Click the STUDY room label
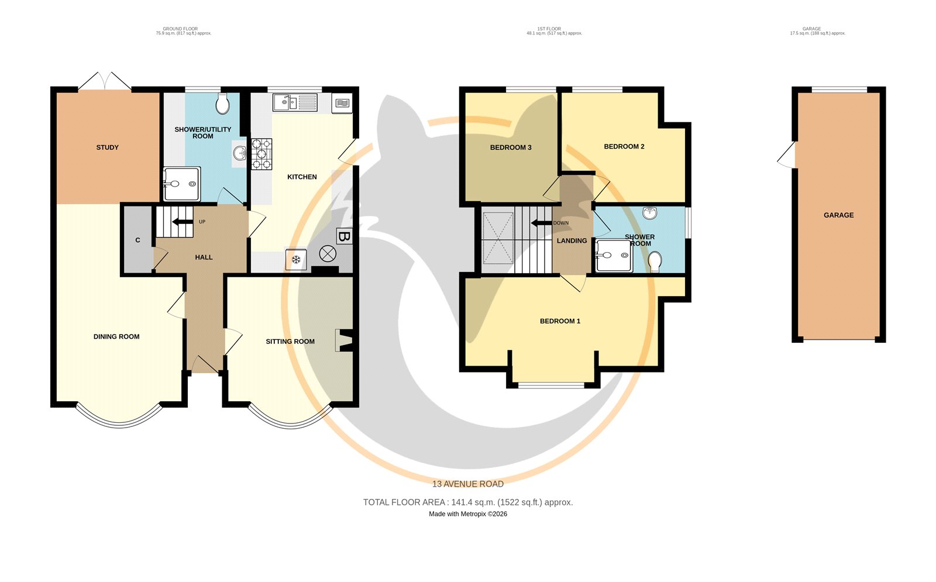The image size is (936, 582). pyautogui.click(x=108, y=147)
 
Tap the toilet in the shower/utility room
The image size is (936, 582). pyautogui.click(x=223, y=103)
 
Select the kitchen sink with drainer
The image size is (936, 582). pyautogui.click(x=295, y=102)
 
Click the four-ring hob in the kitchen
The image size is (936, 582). pyautogui.click(x=261, y=154)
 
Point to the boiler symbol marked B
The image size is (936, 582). pyautogui.click(x=344, y=236)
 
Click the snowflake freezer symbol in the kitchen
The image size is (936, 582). pyautogui.click(x=296, y=260)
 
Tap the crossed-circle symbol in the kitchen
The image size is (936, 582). pyautogui.click(x=328, y=254)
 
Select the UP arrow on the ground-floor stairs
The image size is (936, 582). pyautogui.click(x=182, y=222)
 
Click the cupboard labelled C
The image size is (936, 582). pyautogui.click(x=137, y=240)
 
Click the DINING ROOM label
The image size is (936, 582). pyautogui.click(x=116, y=337)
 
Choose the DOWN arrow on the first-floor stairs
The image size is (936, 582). pyautogui.click(x=542, y=223)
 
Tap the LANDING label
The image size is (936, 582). pyautogui.click(x=572, y=240)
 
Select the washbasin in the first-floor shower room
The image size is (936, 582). pyautogui.click(x=650, y=213)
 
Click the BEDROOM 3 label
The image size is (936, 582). pyautogui.click(x=511, y=147)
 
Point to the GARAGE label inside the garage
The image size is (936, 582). pyautogui.click(x=839, y=215)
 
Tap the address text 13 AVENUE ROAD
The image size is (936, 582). pyautogui.click(x=467, y=484)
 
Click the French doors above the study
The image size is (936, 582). pyautogui.click(x=105, y=81)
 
